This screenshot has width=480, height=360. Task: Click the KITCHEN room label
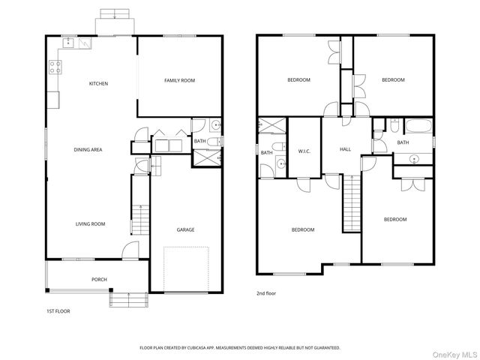98,83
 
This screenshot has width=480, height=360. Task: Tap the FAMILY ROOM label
180,80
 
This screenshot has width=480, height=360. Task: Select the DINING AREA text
88,150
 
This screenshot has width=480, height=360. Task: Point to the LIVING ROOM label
90,223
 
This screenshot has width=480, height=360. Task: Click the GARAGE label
185,229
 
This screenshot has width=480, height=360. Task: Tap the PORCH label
99,279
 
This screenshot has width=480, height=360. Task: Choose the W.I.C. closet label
304,150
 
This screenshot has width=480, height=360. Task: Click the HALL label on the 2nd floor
345,149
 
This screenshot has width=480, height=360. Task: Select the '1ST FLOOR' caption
58,310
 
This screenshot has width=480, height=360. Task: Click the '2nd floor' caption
266,293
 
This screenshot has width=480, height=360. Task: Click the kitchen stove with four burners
55,68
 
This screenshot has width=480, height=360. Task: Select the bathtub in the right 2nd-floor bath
418,126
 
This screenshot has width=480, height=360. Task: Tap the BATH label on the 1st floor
199,141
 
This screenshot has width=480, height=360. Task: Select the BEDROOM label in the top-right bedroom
392,80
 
